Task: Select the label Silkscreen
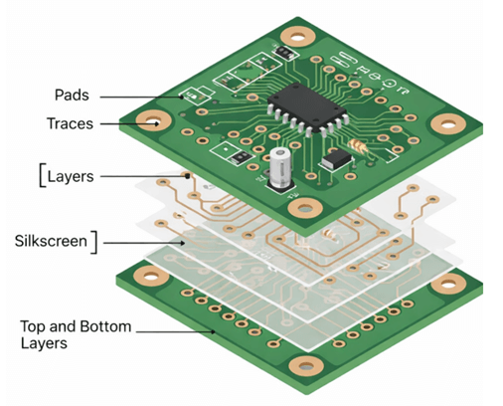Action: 51,240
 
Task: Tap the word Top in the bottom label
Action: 36,325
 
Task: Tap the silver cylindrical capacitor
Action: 279,169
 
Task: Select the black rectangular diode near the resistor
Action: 335,158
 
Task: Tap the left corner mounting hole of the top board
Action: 154,123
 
